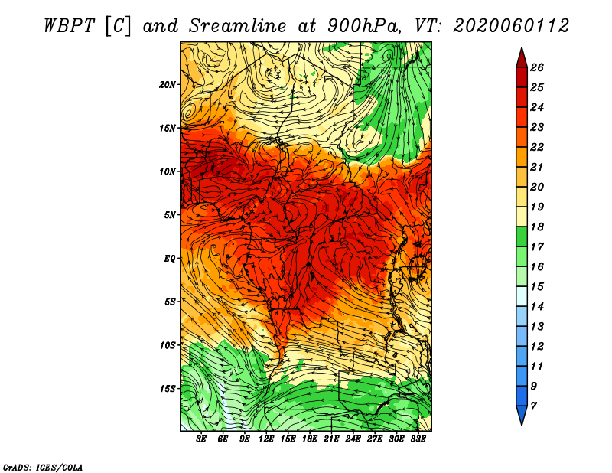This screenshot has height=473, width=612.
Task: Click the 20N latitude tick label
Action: click(168, 85)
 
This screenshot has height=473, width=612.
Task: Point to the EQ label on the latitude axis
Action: click(170, 259)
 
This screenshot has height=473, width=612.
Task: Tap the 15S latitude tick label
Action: click(168, 389)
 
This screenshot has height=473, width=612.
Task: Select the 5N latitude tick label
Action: click(170, 215)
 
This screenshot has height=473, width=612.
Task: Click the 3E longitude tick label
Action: click(201, 439)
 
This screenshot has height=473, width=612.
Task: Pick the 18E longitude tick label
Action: click(310, 439)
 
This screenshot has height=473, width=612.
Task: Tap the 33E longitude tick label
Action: click(418, 439)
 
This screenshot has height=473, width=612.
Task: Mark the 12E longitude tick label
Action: click(266, 439)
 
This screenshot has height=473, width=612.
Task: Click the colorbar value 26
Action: click(537, 67)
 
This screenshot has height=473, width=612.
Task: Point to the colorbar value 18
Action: click(537, 227)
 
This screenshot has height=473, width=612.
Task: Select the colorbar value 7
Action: click(533, 406)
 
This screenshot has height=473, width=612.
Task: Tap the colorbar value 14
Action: click(537, 307)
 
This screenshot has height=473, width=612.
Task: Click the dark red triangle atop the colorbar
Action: click(522, 58)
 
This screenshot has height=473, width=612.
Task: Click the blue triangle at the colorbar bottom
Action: click(522, 416)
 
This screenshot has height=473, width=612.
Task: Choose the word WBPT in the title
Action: click(70, 26)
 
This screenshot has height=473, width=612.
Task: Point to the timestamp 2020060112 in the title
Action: click(511, 26)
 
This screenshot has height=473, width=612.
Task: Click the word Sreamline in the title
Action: click(238, 26)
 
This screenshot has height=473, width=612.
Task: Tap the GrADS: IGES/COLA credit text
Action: click(43, 468)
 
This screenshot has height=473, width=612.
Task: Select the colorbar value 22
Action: click(537, 147)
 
